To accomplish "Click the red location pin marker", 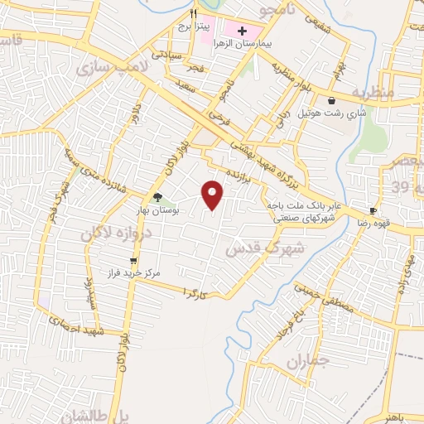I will tap(214, 195).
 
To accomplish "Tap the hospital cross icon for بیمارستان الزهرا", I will tap(242, 30).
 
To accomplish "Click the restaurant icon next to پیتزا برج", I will tap(192, 14).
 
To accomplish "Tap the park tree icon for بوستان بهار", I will tap(157, 196).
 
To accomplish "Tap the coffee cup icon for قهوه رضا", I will tap(373, 211).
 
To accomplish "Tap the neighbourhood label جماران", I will tap(307, 362).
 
